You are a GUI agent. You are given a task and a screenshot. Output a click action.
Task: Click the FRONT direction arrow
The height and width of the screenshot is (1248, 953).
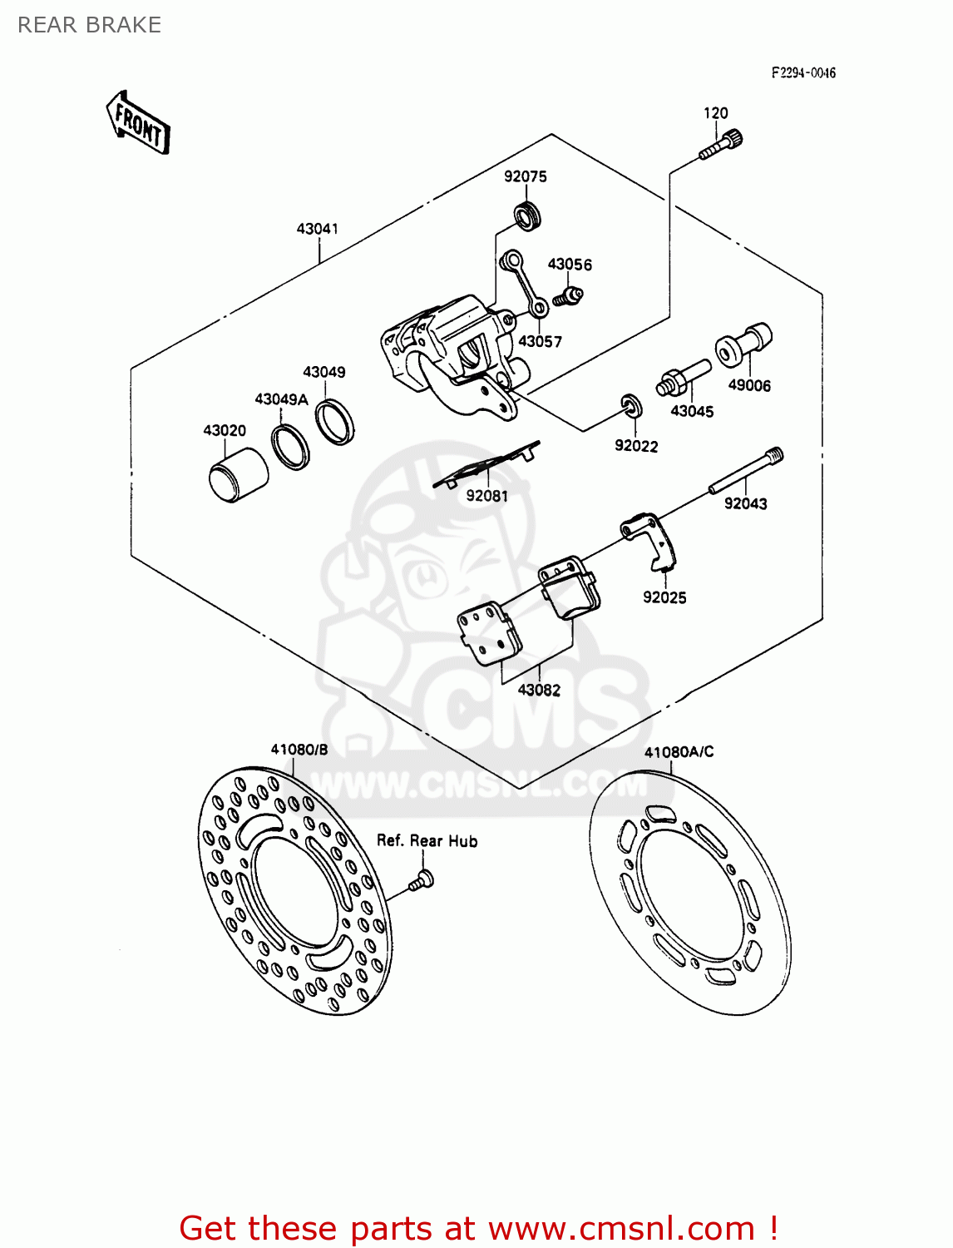point(139,124)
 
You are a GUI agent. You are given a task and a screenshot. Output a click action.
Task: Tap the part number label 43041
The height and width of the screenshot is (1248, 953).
point(317,228)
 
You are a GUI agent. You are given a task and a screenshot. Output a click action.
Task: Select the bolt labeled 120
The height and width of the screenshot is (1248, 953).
point(720,146)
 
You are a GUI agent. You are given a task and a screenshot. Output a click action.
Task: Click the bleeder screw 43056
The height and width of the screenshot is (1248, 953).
point(570,294)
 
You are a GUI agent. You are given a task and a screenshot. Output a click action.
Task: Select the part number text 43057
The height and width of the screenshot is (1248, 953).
point(540,341)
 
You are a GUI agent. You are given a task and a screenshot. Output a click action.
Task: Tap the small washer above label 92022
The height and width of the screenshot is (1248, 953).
point(632,406)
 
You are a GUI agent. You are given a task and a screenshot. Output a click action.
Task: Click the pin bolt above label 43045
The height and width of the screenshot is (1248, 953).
point(684,378)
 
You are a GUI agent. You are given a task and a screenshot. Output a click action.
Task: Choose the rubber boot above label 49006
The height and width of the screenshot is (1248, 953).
point(743,344)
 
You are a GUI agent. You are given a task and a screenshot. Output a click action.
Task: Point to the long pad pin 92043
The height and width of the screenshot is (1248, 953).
point(745,473)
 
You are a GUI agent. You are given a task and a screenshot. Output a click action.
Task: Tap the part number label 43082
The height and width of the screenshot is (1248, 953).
point(539,690)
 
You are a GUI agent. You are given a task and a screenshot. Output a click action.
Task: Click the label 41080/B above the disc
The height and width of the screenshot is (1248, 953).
point(299,749)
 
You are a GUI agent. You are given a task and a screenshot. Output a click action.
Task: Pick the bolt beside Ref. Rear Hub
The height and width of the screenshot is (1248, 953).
point(422,879)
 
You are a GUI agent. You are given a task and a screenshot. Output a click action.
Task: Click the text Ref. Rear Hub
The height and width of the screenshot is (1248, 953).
point(427,840)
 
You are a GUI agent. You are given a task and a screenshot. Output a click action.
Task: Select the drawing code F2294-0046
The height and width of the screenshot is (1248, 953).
point(802,73)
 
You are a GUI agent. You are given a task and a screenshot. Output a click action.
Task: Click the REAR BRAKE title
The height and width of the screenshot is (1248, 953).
point(89,25)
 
